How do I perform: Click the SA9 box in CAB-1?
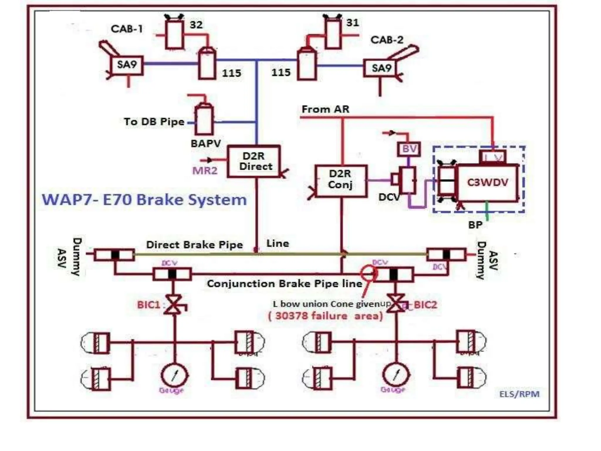[127, 65]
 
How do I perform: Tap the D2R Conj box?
[341, 181]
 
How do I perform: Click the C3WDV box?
[487, 183]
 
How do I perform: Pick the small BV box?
[409, 149]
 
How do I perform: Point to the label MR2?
[205, 170]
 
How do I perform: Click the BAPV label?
[206, 144]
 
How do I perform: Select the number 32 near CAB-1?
[196, 25]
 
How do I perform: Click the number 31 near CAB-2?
[352, 23]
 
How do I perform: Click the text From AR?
[325, 109]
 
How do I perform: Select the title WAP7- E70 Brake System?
[144, 200]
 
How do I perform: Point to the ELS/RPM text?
[519, 394]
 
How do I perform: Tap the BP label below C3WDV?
[475, 225]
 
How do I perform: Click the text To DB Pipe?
[154, 122]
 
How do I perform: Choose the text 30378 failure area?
[325, 316]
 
